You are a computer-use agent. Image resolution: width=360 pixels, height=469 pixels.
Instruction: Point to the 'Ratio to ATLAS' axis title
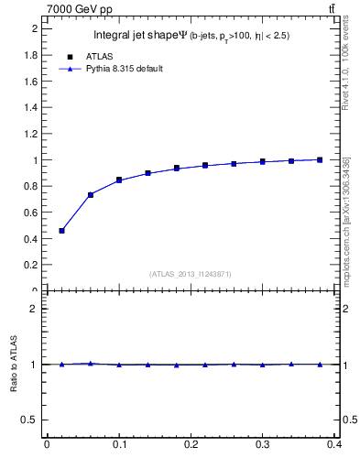pyautogui.click(x=15, y=365)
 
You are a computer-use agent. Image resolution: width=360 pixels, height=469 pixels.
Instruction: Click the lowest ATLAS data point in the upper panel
pyautogui.click(x=61, y=231)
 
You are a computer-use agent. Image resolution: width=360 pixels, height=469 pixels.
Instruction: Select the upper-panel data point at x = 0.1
pyautogui.click(x=119, y=180)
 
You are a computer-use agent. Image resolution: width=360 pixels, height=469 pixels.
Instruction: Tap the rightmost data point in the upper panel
pyautogui.click(x=321, y=159)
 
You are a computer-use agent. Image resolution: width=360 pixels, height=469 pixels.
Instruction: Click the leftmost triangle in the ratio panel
pyautogui.click(x=61, y=364)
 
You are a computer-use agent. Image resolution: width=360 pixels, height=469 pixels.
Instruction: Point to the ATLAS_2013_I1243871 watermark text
pyautogui.click(x=190, y=274)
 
